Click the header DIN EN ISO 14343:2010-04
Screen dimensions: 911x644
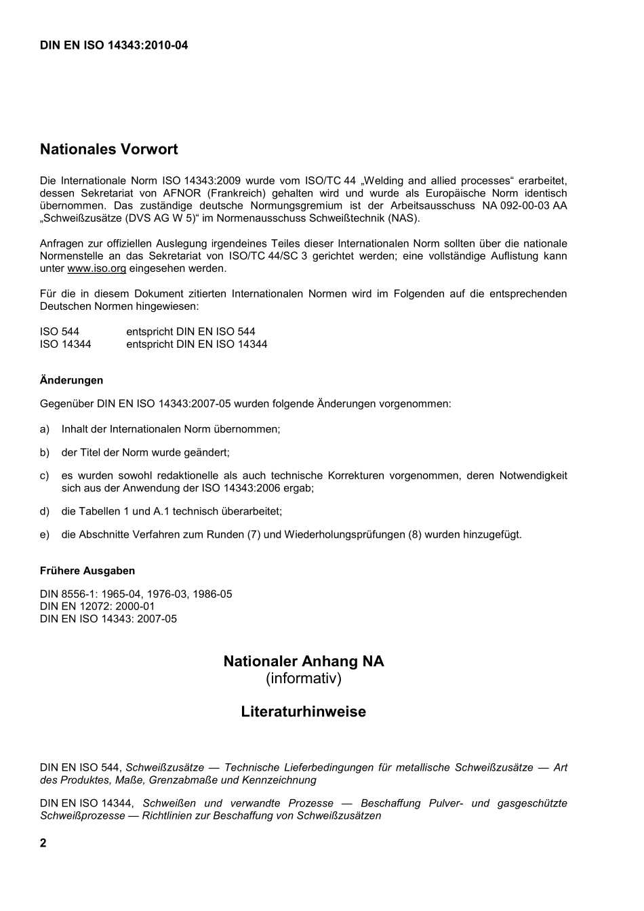click(x=114, y=45)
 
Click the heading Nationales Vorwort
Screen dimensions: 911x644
click(x=109, y=148)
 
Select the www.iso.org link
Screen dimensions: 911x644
click(x=97, y=268)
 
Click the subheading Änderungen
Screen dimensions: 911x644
click(x=71, y=380)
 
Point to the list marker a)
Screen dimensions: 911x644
click(x=45, y=429)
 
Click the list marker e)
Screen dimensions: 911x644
click(x=45, y=535)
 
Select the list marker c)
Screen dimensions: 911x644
click(x=45, y=476)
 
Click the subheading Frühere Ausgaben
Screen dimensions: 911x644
click(x=87, y=571)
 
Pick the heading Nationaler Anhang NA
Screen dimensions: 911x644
click(x=304, y=661)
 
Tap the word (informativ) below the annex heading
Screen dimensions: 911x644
click(x=304, y=679)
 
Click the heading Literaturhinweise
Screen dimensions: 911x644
click(x=304, y=712)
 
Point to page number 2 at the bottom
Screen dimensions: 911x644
click(x=43, y=843)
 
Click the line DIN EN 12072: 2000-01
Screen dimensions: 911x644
click(x=98, y=607)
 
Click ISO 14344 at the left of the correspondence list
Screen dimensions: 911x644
click(x=66, y=344)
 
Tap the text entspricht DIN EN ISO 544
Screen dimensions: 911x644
click(x=190, y=332)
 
